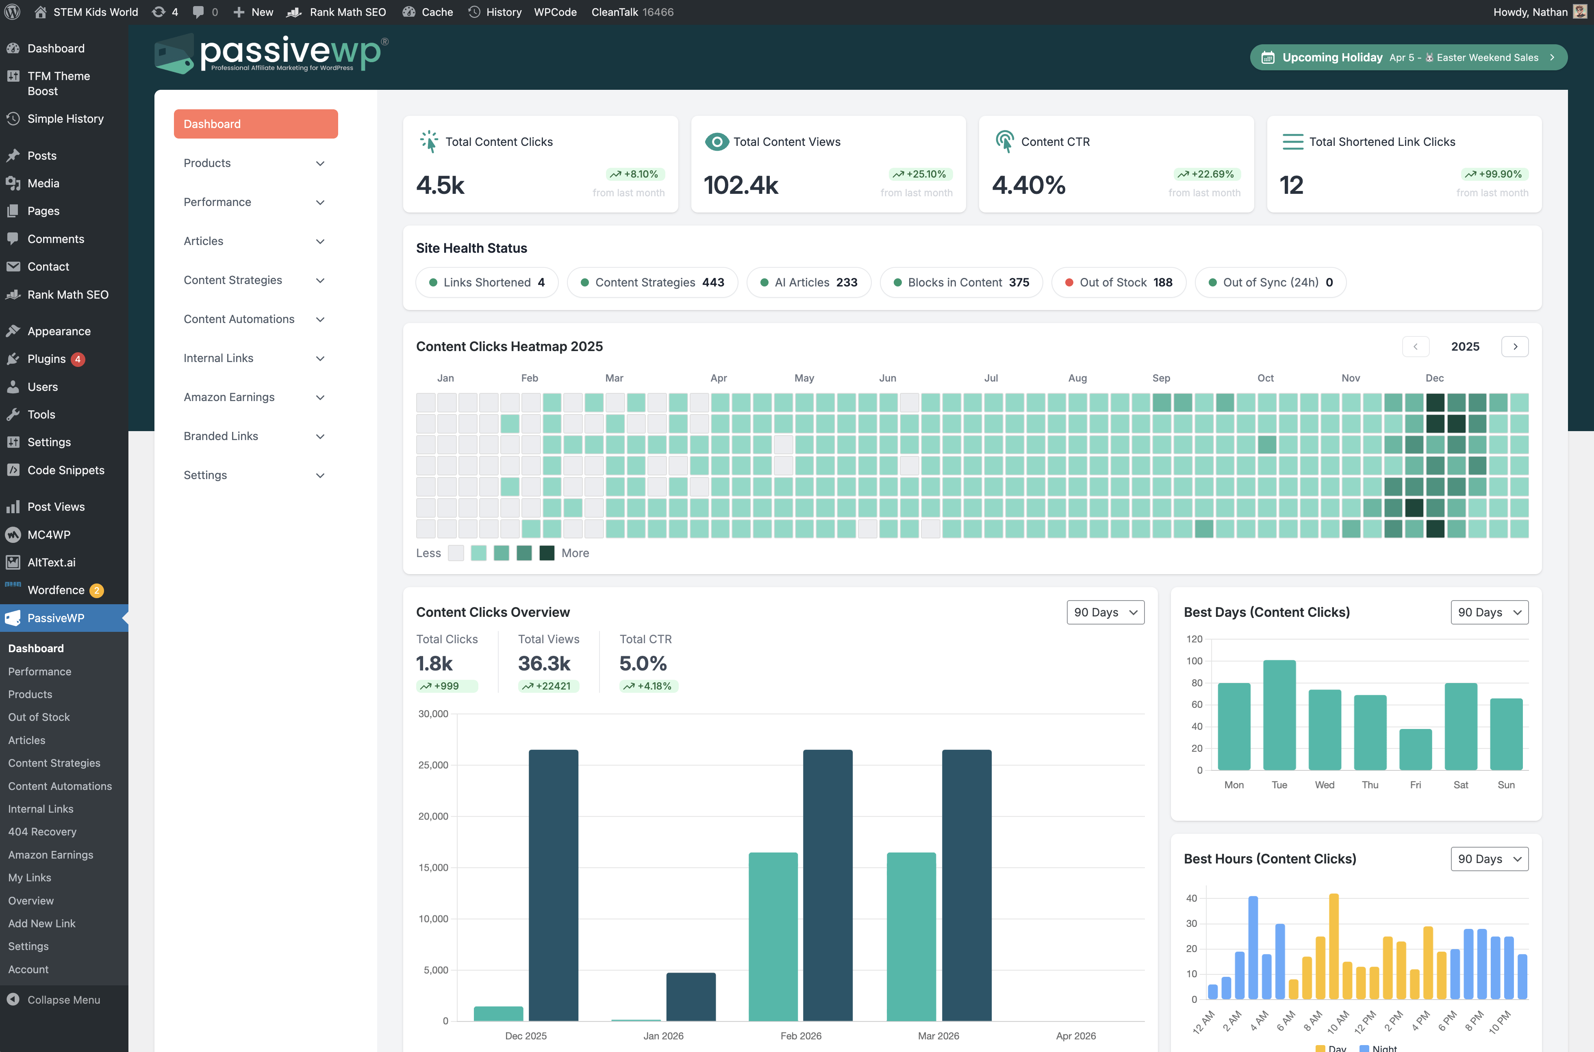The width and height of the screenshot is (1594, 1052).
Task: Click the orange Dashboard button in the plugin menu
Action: tap(256, 124)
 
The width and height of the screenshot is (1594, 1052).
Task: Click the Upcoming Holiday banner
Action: tap(1408, 58)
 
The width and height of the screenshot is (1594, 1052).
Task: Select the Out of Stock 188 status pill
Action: tap(1118, 282)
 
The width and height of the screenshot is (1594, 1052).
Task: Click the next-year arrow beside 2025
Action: tap(1514, 347)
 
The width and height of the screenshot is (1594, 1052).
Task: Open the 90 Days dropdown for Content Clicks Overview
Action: tap(1105, 612)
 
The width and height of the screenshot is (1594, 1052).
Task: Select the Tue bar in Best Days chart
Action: tap(1279, 715)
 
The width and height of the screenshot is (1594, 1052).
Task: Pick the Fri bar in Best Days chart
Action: tap(1415, 749)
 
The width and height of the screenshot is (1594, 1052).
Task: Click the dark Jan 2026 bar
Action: tap(691, 997)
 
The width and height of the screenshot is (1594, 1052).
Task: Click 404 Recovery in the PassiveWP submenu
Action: tap(42, 832)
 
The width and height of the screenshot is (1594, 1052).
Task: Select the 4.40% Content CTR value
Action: tap(1028, 185)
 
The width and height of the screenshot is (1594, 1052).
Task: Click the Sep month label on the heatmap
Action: tap(1161, 378)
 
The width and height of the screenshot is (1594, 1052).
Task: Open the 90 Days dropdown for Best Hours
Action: tap(1489, 859)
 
